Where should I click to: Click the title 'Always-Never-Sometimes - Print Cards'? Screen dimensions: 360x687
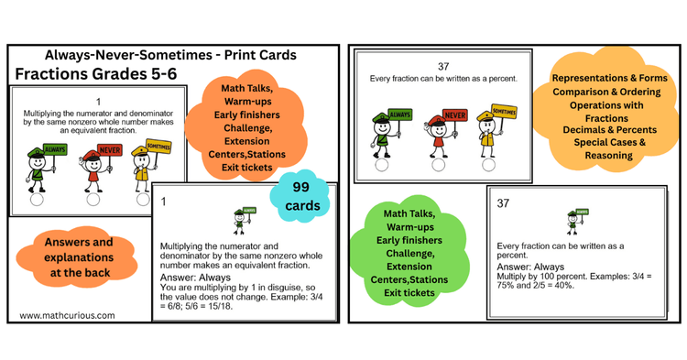(170, 55)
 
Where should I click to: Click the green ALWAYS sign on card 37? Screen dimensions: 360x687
(399, 115)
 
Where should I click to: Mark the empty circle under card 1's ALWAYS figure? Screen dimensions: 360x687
(37, 199)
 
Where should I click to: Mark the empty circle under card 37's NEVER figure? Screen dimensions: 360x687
(439, 166)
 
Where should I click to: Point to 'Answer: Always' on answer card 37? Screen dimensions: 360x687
(532, 267)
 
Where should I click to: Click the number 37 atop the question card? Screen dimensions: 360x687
(443, 66)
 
